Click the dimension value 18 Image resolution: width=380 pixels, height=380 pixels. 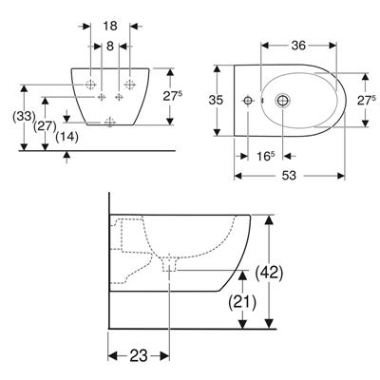coord(110,26)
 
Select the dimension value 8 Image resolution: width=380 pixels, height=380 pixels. coord(110,47)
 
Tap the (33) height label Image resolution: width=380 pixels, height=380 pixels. coord(24,117)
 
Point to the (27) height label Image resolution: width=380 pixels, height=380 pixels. coord(46,126)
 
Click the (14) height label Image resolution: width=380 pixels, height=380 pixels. coord(66,137)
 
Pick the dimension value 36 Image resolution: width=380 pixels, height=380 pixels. coord(298,46)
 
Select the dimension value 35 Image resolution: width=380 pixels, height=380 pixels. coord(216,100)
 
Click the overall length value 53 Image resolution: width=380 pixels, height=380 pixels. coord(289,176)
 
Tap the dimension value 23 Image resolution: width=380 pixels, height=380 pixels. coord(139,356)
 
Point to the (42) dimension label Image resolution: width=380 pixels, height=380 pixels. coord(269,272)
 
